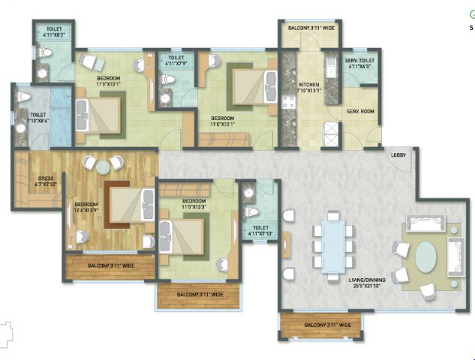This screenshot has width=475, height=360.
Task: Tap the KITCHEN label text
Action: pos(309,88)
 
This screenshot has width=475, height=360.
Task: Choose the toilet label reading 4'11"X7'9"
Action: pos(177,60)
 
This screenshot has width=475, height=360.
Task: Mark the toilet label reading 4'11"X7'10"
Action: pos(260,229)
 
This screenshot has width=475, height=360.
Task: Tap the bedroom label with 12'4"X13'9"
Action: pos(85,207)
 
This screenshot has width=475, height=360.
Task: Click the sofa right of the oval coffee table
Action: pos(454,255)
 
